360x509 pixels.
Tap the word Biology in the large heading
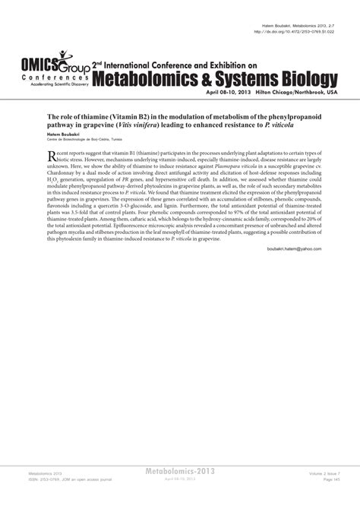click(303, 77)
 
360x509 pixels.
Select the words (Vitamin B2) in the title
click(138, 109)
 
